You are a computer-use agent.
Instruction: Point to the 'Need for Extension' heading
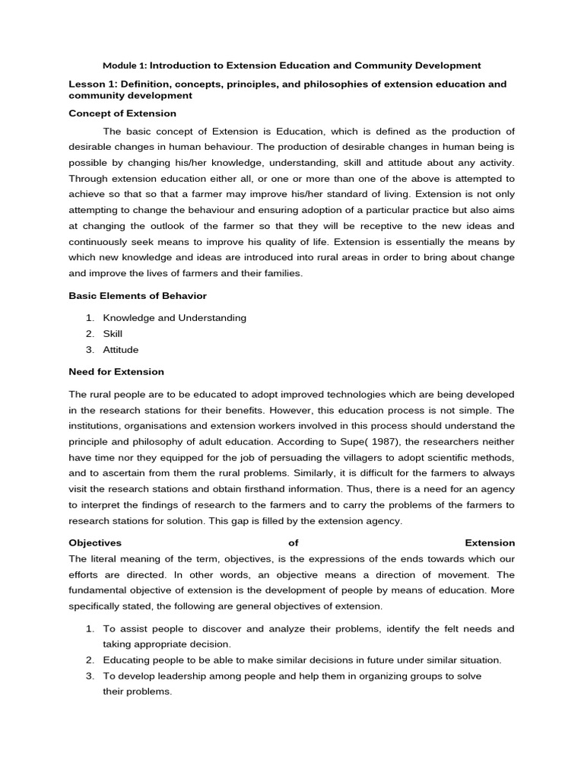pyautogui.click(x=116, y=372)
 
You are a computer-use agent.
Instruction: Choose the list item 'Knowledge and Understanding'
pyautogui.click(x=175, y=318)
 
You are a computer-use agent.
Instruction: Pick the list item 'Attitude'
pyautogui.click(x=121, y=350)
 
